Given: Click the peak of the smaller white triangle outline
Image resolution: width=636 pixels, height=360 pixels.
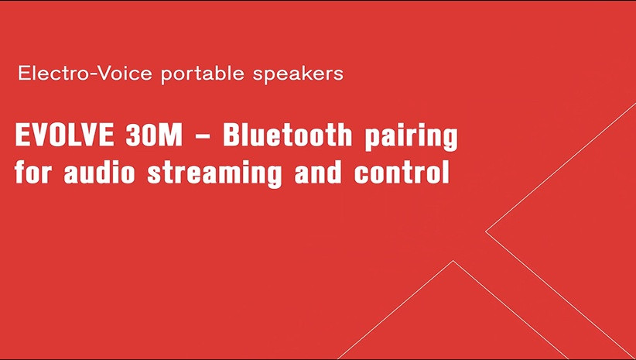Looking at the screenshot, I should pyautogui.click(x=453, y=262).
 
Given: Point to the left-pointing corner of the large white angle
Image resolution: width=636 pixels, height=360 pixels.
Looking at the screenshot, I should pyautogui.click(x=486, y=231).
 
